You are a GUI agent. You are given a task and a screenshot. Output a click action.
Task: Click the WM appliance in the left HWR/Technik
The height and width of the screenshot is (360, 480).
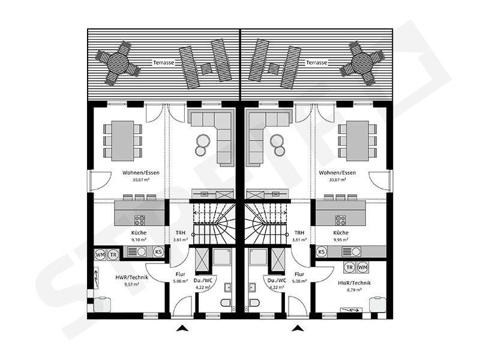coord(100,254)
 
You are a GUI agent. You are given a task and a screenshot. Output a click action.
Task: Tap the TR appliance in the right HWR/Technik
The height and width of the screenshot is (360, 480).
coord(349,267)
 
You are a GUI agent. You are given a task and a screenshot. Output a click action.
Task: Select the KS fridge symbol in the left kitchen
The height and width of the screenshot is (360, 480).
coord(158,252)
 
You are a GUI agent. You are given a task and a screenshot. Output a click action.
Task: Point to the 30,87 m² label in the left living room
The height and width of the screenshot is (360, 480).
coord(136,179)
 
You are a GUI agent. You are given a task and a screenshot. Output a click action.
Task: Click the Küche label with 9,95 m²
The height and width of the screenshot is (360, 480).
coord(341,236)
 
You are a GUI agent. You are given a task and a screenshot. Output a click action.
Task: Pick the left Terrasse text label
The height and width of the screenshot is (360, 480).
coord(163,62)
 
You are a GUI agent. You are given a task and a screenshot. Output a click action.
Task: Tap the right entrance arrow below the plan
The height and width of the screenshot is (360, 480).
coord(296,328)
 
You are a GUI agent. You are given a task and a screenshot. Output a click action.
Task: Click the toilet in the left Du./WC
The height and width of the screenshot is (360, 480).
coord(227,301)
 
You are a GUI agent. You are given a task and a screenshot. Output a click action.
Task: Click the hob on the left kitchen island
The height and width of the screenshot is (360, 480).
coord(140,220)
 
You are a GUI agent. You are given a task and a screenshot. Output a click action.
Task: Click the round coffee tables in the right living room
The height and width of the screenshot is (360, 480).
coord(277,142)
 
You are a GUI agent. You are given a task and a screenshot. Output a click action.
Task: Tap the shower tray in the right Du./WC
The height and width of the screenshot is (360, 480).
coord(260,259)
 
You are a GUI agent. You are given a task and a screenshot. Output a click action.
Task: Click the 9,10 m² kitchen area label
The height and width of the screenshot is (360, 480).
coord(139,239)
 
